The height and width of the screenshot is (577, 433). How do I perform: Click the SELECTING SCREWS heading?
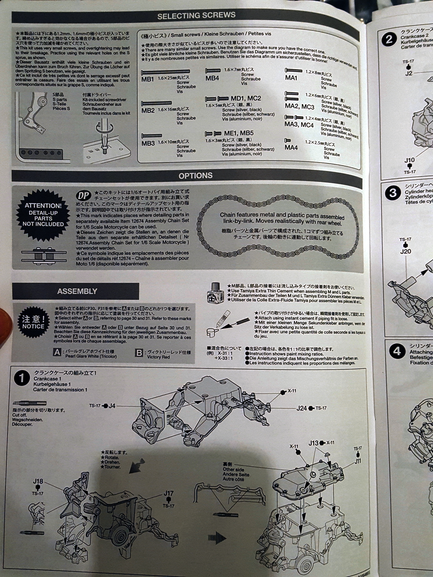pos(196,15)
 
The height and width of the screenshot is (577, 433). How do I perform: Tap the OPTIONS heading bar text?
pos(195,176)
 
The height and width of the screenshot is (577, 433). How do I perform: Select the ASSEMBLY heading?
pos(77,291)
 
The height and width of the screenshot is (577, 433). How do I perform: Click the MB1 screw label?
pos(147,79)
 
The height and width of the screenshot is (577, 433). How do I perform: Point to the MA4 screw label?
pos(291,147)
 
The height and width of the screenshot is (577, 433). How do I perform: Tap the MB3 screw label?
pos(148,143)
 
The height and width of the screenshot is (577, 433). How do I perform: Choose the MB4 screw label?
pos(212,78)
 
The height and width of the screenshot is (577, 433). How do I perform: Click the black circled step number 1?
pos(22,378)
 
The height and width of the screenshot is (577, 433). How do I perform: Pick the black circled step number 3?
pos(392,193)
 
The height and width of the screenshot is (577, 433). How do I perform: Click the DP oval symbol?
pos(83,196)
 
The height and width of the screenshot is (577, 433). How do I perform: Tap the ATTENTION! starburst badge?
pos(43,214)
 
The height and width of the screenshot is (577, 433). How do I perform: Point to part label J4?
pos(112,406)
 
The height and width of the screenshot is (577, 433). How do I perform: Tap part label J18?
pos(38,481)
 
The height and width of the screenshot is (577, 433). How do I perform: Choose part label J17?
pos(168,493)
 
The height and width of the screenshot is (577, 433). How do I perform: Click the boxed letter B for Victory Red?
pos(139,353)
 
